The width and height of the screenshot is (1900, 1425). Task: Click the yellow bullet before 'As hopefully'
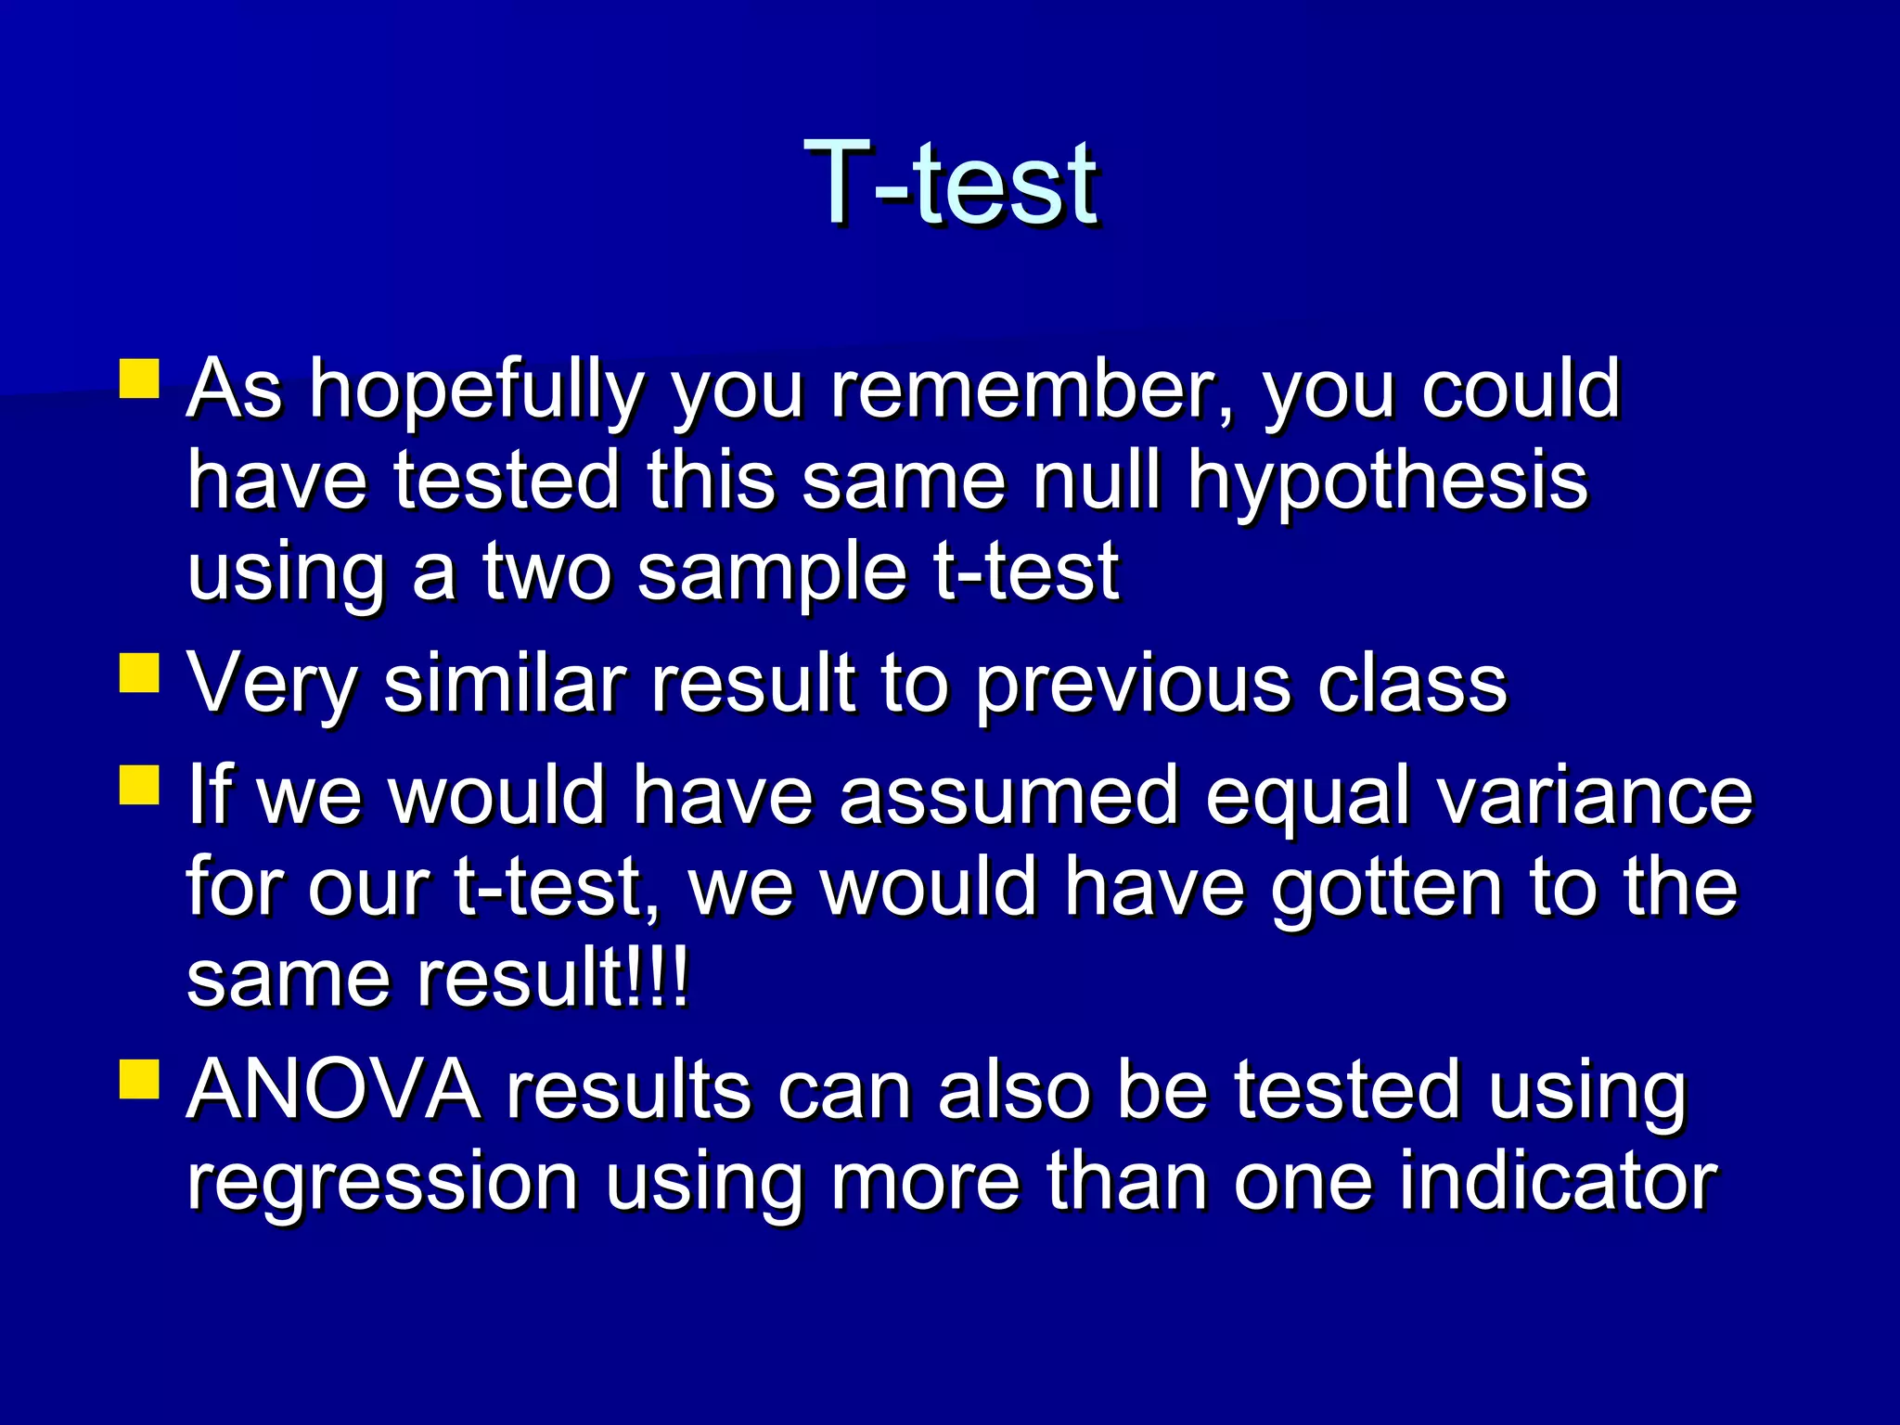click(140, 379)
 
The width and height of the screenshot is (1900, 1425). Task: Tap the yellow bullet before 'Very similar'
click(140, 674)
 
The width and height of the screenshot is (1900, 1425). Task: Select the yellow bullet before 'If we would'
click(140, 784)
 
